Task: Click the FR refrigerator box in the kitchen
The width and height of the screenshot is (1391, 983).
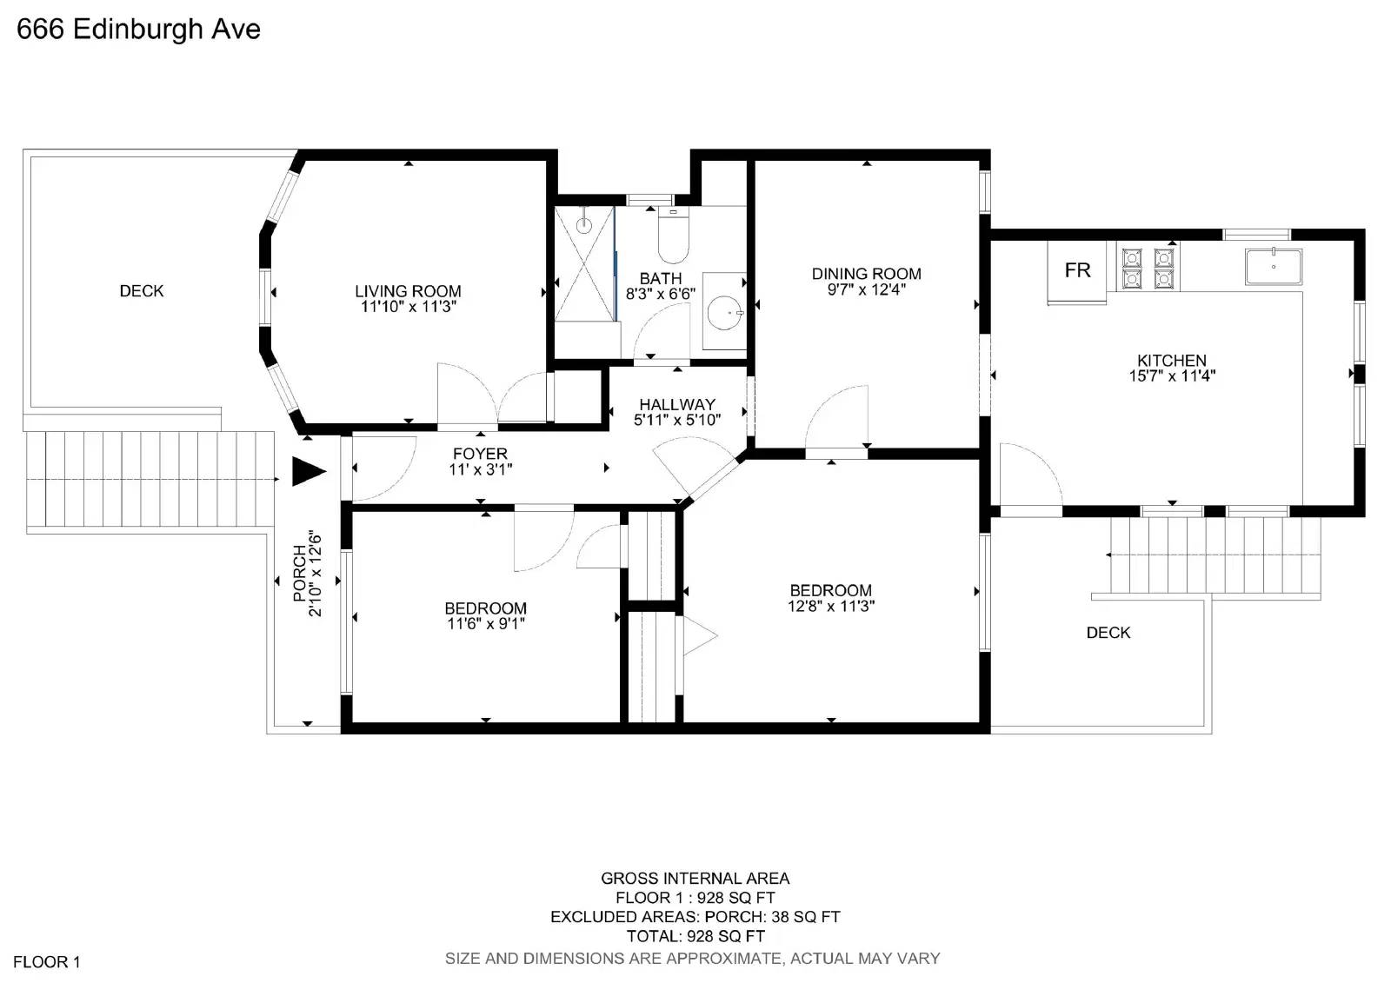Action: coord(1077,270)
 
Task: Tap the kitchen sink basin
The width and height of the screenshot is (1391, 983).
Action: coord(1274,267)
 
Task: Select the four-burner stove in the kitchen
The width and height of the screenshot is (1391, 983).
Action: coord(1148,267)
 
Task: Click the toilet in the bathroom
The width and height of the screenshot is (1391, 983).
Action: coord(673,236)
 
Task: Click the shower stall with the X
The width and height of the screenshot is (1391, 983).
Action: coord(584,263)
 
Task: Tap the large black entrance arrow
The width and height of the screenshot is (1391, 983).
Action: coord(307,472)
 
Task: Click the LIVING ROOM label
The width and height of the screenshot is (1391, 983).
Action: coord(408,291)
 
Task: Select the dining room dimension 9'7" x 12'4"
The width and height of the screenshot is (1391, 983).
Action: coord(866,289)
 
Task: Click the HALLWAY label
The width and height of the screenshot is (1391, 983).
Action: coord(676,404)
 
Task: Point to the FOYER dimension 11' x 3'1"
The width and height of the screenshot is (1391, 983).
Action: coord(480,469)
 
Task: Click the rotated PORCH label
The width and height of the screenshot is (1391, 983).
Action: coord(300,574)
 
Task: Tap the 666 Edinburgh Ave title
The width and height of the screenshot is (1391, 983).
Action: coord(139,30)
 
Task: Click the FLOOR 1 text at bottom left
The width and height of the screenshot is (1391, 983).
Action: coord(47,961)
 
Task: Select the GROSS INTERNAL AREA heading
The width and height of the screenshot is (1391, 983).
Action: coord(695,879)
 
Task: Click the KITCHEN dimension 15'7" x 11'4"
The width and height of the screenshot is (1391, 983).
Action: coord(1171,376)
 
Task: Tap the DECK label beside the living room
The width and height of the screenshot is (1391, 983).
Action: coord(142,291)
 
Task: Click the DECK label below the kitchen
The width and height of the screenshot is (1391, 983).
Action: coord(1108,633)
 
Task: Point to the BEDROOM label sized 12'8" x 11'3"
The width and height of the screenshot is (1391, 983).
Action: coord(830,590)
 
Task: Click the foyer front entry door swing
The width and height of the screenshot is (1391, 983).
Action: coord(383,469)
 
